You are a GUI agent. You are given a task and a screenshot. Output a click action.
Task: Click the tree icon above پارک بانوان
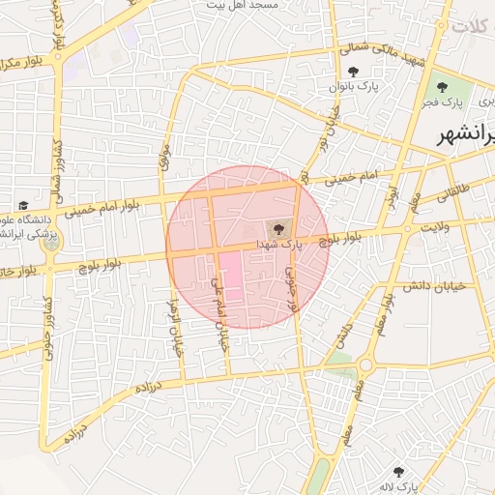click(354, 72)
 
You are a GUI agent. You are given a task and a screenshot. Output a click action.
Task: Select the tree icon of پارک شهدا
click(278, 228)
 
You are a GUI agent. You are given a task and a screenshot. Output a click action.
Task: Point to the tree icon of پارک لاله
click(398, 473)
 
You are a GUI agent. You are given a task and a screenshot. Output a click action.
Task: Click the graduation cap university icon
click(23, 205)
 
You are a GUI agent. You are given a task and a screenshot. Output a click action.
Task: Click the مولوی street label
click(163, 159)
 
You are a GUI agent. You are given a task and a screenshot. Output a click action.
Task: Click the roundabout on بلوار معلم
click(364, 364)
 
